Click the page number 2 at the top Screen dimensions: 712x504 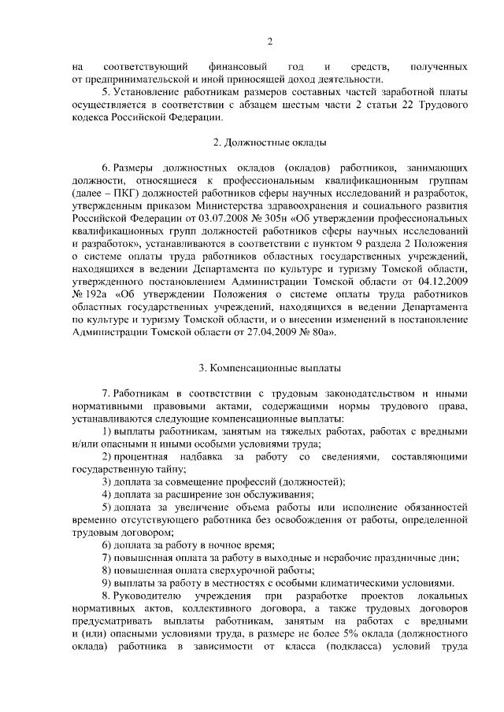(269, 42)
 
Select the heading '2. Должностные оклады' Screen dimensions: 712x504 (269, 142)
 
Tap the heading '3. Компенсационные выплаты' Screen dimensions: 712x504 (269, 367)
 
